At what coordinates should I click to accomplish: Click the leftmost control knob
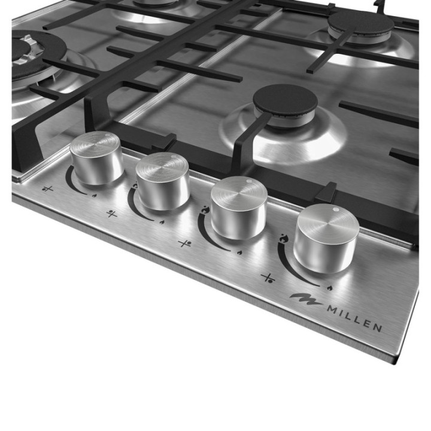[x=96, y=157]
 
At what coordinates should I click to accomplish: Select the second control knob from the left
[x=163, y=181]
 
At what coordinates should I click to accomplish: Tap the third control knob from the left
[x=239, y=207]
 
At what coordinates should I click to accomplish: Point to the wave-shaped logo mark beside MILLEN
[x=306, y=299]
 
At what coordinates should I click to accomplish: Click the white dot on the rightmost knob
[x=335, y=210]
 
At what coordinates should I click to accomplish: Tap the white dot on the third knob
[x=249, y=181]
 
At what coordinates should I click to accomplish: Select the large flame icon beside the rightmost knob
[x=283, y=238]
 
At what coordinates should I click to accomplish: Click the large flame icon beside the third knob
[x=205, y=210]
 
